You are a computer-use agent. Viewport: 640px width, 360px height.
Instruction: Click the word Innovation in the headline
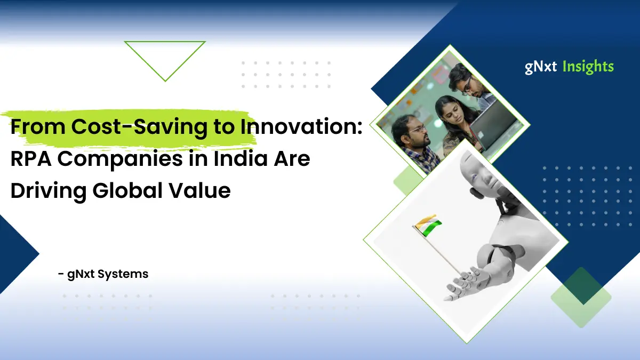tap(301, 126)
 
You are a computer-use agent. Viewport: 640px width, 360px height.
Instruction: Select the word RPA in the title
tap(31, 158)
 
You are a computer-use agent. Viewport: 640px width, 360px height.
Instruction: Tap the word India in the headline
tap(240, 158)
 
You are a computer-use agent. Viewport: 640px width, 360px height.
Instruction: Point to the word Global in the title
tap(127, 190)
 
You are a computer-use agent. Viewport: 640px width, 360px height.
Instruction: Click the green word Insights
tap(588, 67)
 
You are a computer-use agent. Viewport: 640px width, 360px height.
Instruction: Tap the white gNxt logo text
tap(541, 67)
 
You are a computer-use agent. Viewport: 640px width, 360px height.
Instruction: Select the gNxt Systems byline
tap(103, 274)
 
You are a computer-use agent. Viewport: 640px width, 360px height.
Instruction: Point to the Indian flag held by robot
tap(428, 226)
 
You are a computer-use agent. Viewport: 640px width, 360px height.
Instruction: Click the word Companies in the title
tap(119, 159)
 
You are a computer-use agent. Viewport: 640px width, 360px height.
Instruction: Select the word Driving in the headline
tap(49, 191)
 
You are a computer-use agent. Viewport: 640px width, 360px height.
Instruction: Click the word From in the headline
tap(38, 127)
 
